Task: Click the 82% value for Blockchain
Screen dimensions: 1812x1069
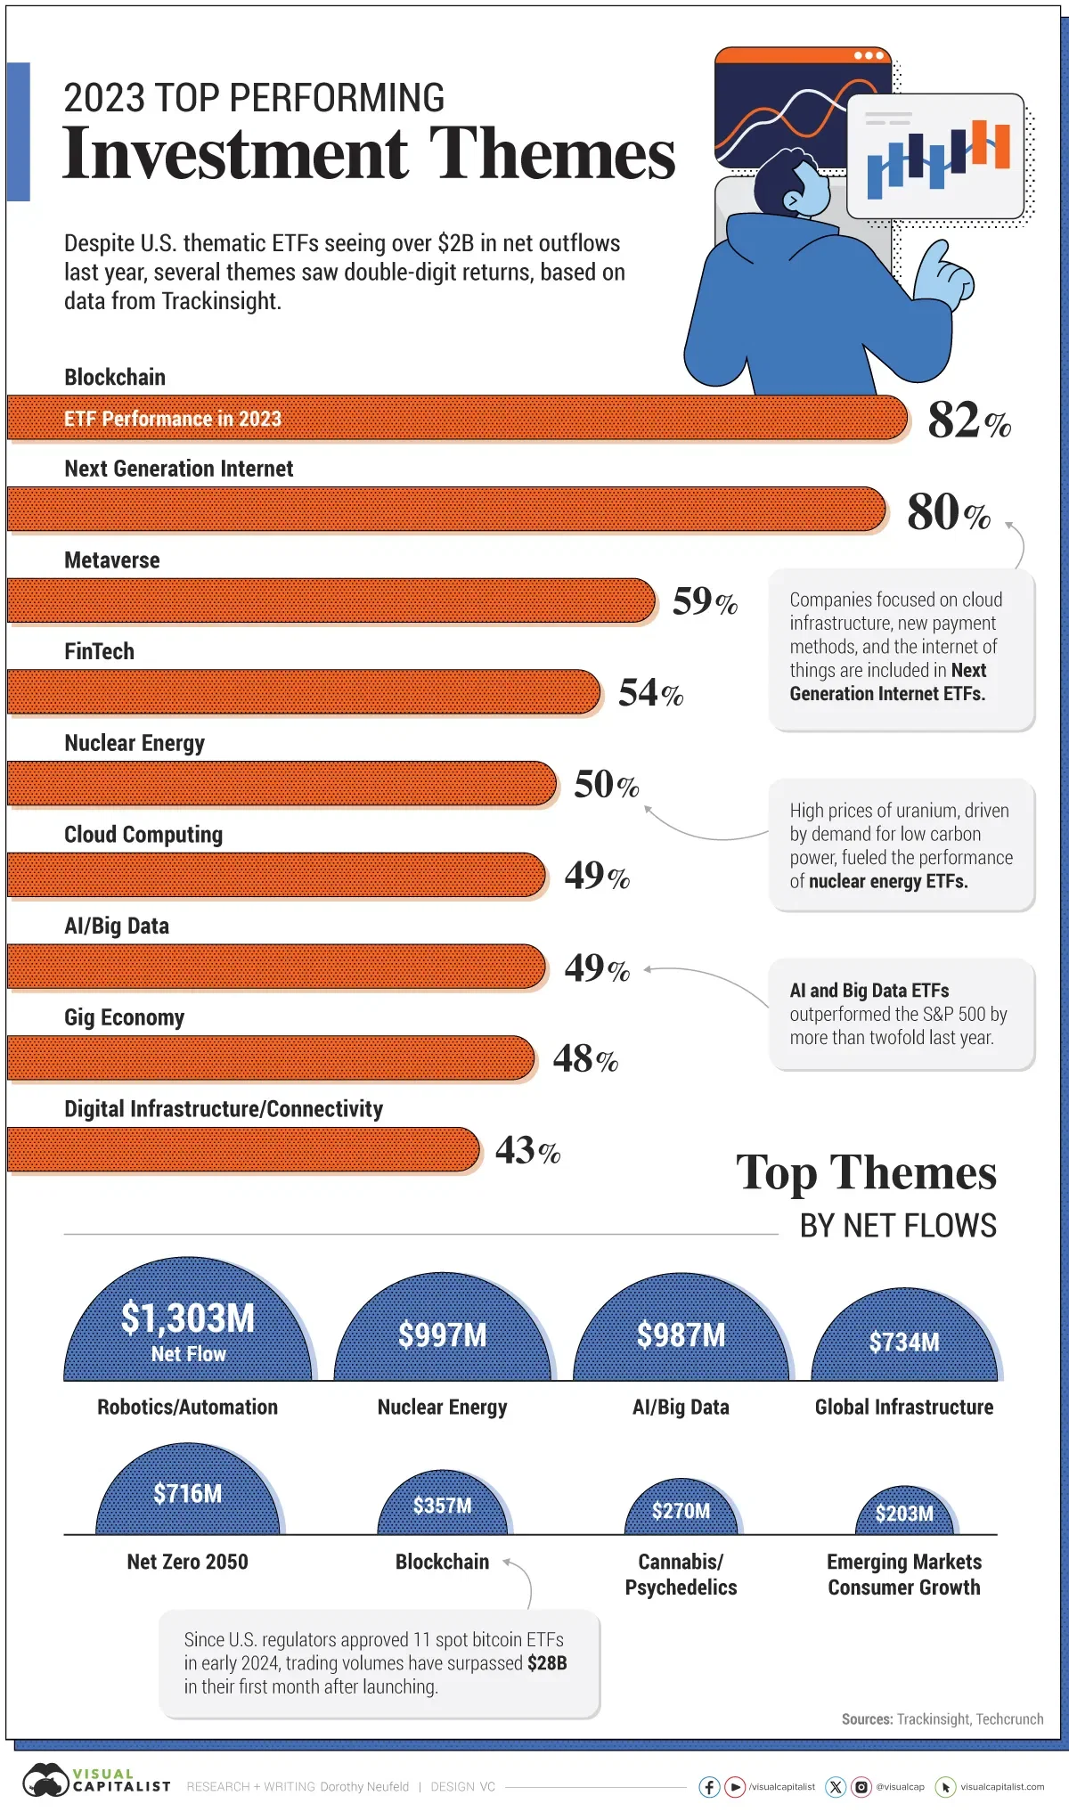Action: point(967,420)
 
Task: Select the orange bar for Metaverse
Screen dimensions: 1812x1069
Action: point(330,600)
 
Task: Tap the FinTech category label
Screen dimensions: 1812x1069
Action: point(99,651)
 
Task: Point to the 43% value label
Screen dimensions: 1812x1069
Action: point(526,1150)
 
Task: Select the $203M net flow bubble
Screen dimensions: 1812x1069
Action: point(904,1514)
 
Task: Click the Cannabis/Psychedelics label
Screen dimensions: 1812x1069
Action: point(681,1574)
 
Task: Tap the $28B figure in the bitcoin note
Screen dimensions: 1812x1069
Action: point(546,1663)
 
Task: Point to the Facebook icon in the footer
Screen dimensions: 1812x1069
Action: point(709,1786)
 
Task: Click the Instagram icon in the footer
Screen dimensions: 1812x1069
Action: point(861,1786)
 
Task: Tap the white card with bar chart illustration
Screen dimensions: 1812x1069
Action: point(935,156)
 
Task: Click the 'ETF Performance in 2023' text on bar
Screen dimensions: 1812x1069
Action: point(172,419)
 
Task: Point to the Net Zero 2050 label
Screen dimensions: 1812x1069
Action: point(187,1562)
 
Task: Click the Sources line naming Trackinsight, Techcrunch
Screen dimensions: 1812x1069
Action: point(942,1719)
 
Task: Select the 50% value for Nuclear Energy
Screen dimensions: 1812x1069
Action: point(606,785)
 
